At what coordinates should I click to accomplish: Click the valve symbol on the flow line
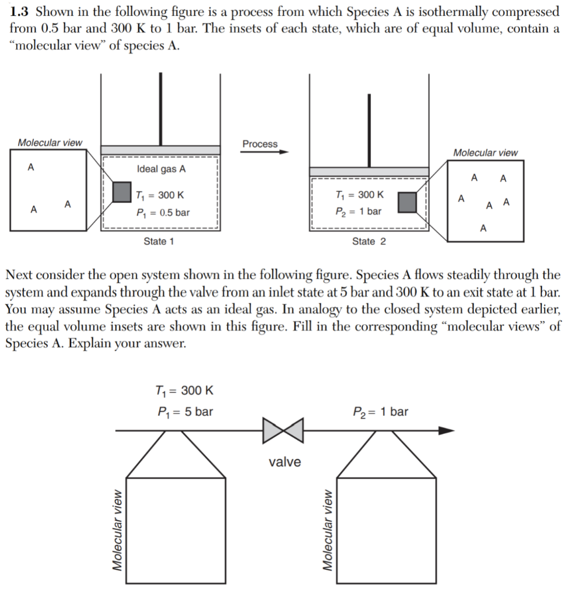pyautogui.click(x=283, y=430)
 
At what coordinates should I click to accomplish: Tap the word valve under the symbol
pyautogui.click(x=285, y=462)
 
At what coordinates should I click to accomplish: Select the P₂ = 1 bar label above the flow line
pyautogui.click(x=381, y=412)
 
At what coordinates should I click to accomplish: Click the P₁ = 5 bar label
pyautogui.click(x=185, y=412)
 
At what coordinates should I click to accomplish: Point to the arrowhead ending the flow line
pyautogui.click(x=446, y=430)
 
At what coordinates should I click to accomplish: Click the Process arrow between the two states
pyautogui.click(x=266, y=152)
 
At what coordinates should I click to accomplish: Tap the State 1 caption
pyautogui.click(x=159, y=241)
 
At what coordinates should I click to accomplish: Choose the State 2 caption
pyautogui.click(x=369, y=241)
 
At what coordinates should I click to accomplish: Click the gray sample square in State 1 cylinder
pyautogui.click(x=122, y=192)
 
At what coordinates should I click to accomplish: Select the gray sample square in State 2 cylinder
pyautogui.click(x=408, y=202)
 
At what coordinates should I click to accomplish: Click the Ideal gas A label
pyautogui.click(x=162, y=169)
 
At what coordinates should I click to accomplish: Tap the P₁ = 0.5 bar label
pyautogui.click(x=162, y=213)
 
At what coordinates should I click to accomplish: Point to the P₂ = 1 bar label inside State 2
pyautogui.click(x=359, y=211)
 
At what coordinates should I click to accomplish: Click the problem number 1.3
pyautogui.click(x=19, y=12)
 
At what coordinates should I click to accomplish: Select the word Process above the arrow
pyautogui.click(x=260, y=143)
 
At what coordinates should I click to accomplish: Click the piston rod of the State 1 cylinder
pyautogui.click(x=160, y=109)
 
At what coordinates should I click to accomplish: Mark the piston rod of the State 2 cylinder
pyautogui.click(x=369, y=130)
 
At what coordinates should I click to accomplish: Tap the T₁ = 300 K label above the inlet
pyautogui.click(x=185, y=390)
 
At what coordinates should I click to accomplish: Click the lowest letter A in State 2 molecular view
pyautogui.click(x=483, y=229)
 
